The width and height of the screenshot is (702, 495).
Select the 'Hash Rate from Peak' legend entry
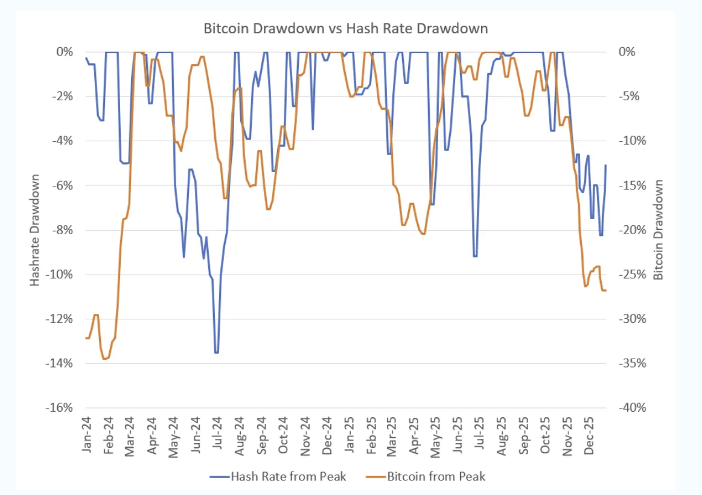[x=288, y=476]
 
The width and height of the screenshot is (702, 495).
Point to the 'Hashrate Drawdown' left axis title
[x=35, y=231]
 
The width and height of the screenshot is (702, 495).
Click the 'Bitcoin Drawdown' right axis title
[x=659, y=229]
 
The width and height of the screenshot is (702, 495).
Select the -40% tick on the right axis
[x=631, y=407]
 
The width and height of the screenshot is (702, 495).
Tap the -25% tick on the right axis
[x=631, y=274]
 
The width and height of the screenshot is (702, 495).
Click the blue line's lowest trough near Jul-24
[x=216, y=353]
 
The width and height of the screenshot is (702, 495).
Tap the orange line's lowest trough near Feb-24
[x=105, y=359]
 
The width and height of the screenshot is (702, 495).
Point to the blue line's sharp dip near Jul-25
[x=476, y=257]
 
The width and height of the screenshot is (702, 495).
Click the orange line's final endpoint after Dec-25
[x=605, y=291]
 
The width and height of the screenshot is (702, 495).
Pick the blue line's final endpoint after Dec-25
[x=605, y=165]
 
